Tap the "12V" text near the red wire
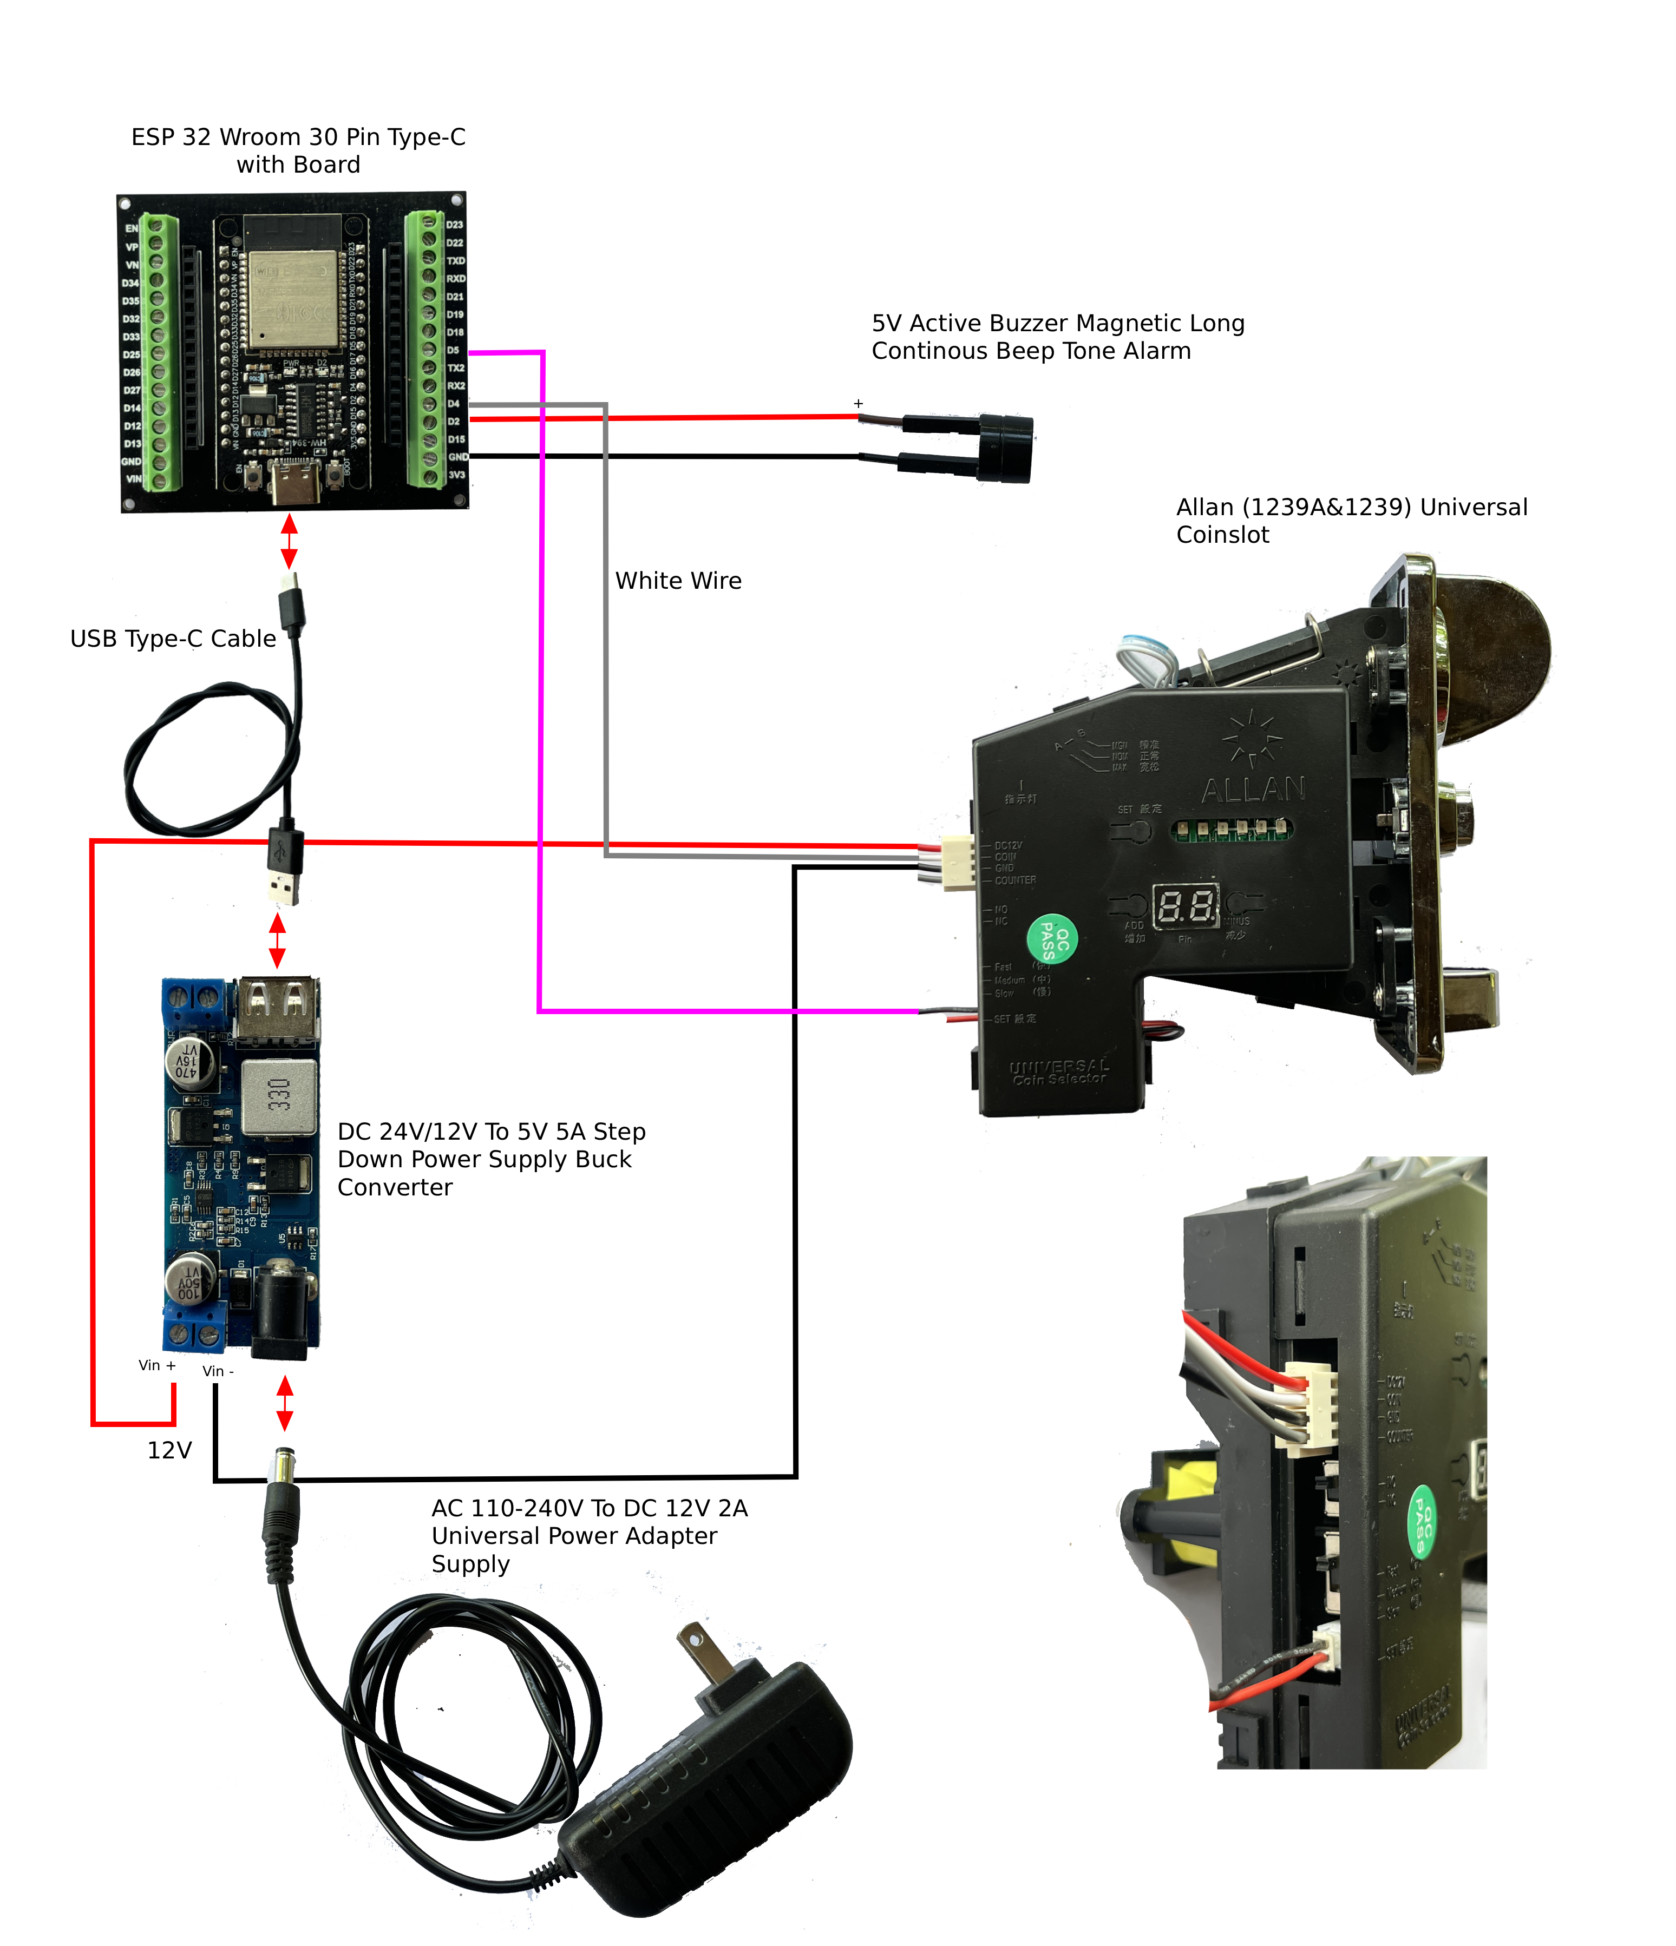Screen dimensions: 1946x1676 [x=169, y=1450]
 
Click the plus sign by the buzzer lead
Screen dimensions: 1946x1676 [x=857, y=404]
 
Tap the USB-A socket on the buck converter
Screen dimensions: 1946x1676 [x=276, y=1010]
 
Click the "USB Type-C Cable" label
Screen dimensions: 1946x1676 [x=173, y=639]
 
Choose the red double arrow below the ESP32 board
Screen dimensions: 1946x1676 [x=290, y=541]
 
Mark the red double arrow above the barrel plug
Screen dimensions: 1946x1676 [x=285, y=1403]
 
